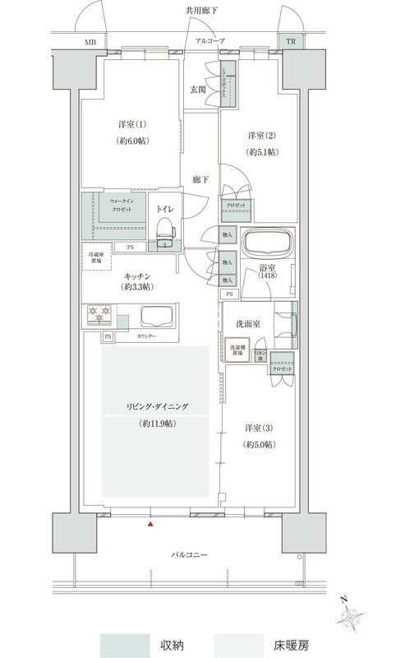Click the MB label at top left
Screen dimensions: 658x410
(x=89, y=41)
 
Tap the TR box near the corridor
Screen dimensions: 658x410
(x=289, y=41)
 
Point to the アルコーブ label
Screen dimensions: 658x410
(x=209, y=40)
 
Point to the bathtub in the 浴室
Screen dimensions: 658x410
(x=268, y=245)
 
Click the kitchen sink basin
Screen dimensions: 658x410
(x=158, y=317)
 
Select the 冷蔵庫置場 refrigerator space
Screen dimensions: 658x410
(x=97, y=257)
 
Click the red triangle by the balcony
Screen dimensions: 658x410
(x=150, y=522)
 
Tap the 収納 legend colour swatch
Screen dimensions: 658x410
(x=125, y=646)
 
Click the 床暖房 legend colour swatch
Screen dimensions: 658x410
(x=239, y=646)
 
